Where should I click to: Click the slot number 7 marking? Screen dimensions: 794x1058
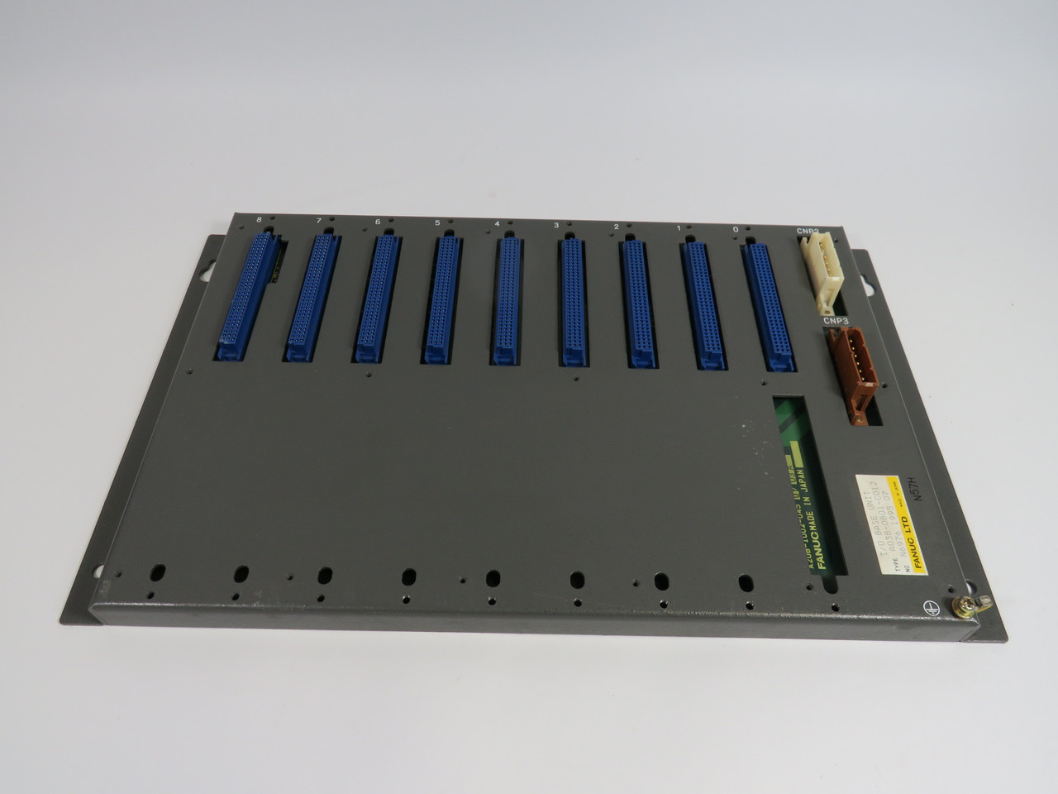[x=319, y=222]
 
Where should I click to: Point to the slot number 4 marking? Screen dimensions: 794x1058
[x=496, y=223]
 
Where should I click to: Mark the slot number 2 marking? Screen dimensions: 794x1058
[x=617, y=226]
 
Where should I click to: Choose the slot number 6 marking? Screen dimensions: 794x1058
[x=378, y=222]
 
